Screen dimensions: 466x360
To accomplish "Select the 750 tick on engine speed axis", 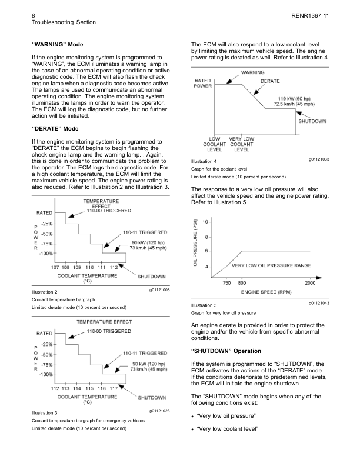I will pyautogui.click(x=226, y=283).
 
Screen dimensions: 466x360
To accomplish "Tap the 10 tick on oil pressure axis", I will pyautogui.click(x=203, y=222).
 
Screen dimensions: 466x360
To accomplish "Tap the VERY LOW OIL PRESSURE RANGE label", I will pyautogui.click(x=271, y=266).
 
